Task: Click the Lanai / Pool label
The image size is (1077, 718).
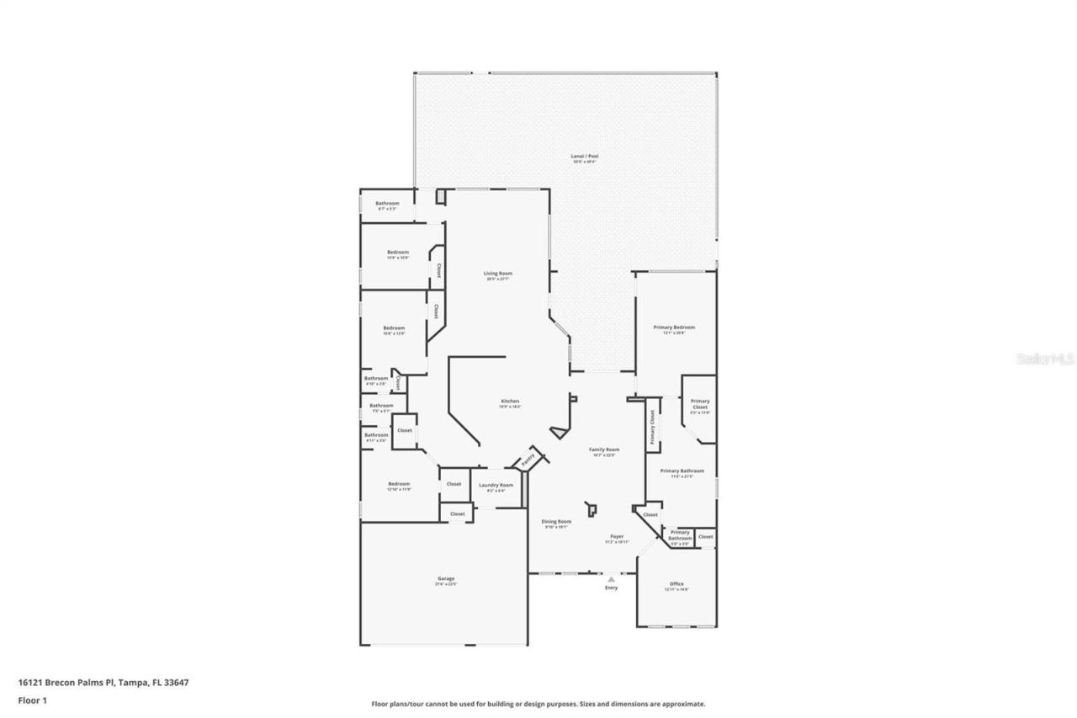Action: (586, 156)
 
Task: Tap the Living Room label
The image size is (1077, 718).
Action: (497, 274)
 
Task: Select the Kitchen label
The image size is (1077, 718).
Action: (510, 402)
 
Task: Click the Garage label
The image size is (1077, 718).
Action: (446, 578)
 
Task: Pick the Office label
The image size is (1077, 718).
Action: (676, 583)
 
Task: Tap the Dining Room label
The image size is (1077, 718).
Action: (556, 521)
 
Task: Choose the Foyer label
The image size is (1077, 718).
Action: (617, 536)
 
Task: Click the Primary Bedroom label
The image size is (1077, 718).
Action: (674, 327)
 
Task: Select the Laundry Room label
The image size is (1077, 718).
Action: (496, 485)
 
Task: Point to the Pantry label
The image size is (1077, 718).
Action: (528, 460)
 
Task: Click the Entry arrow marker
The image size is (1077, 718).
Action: (611, 578)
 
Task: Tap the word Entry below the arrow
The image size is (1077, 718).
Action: (611, 588)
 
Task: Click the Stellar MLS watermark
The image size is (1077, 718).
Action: (1045, 359)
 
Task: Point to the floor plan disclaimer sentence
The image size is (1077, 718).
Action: (538, 704)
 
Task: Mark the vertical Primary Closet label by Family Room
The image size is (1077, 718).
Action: (652, 426)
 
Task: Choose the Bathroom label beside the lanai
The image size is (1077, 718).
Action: (387, 203)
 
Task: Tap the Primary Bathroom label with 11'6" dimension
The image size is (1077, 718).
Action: (682, 471)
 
